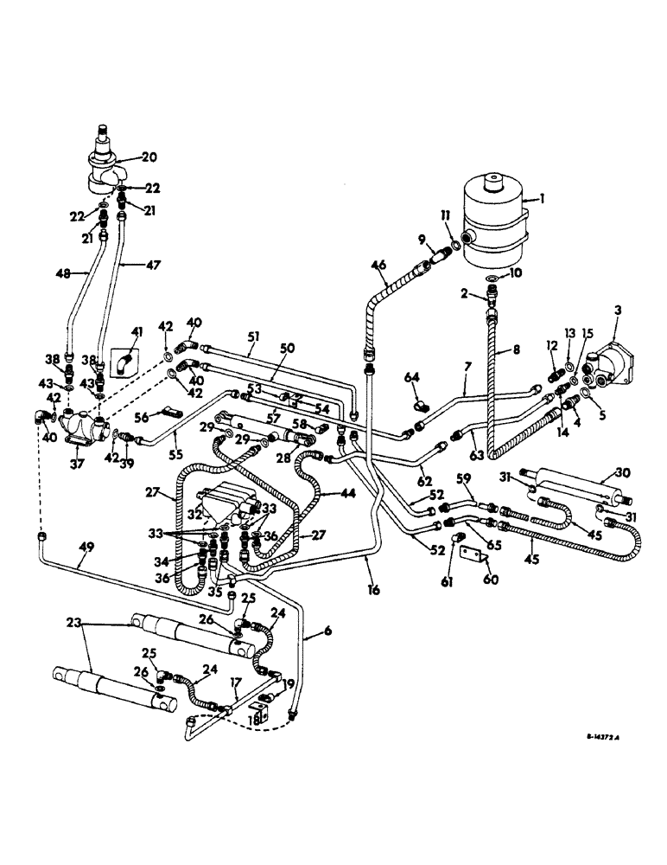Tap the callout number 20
[149, 158]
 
